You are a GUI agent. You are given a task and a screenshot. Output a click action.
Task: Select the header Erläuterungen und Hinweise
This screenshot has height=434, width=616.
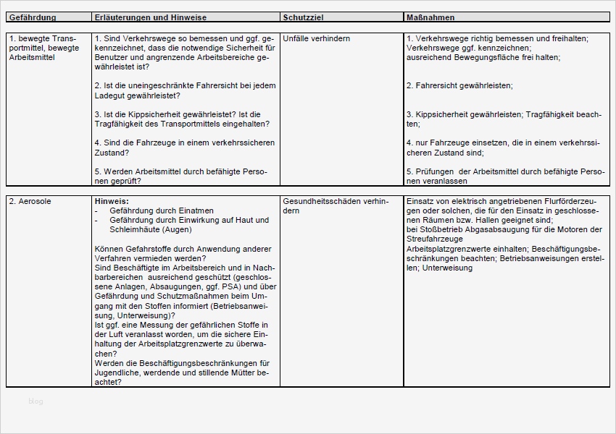[x=150, y=17]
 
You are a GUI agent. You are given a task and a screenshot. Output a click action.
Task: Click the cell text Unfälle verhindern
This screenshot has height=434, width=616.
[x=317, y=38]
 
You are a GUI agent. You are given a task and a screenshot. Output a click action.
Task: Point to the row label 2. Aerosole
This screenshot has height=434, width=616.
[x=30, y=200]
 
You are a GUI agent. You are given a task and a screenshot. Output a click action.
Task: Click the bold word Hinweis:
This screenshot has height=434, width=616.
[x=112, y=200]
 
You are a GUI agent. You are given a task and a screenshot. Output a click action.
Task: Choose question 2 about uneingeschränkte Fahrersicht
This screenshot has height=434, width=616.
[x=185, y=90]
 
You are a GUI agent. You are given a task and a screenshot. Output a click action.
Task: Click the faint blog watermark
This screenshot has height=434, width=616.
[x=36, y=401]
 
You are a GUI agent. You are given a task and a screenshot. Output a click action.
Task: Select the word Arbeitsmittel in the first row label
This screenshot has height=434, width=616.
[x=32, y=56]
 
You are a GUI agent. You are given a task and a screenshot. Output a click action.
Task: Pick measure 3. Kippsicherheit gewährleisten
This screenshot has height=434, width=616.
[x=465, y=114]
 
